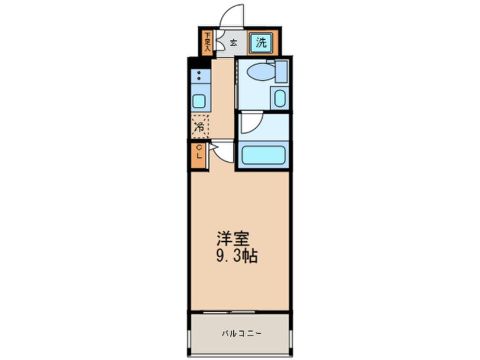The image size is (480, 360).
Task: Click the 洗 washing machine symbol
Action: coord(260,41)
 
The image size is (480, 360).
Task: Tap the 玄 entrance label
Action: coord(233,42)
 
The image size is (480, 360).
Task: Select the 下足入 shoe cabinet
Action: coord(208,41)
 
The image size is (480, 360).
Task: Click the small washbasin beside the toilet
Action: coord(279,98)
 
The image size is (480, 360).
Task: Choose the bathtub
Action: coord(262,156)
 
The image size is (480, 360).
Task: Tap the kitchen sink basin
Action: coord(199,101)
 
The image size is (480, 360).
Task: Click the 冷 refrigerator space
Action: coord(199,127)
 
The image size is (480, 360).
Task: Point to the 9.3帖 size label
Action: coord(238,256)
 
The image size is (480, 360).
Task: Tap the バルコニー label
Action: coord(241,333)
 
